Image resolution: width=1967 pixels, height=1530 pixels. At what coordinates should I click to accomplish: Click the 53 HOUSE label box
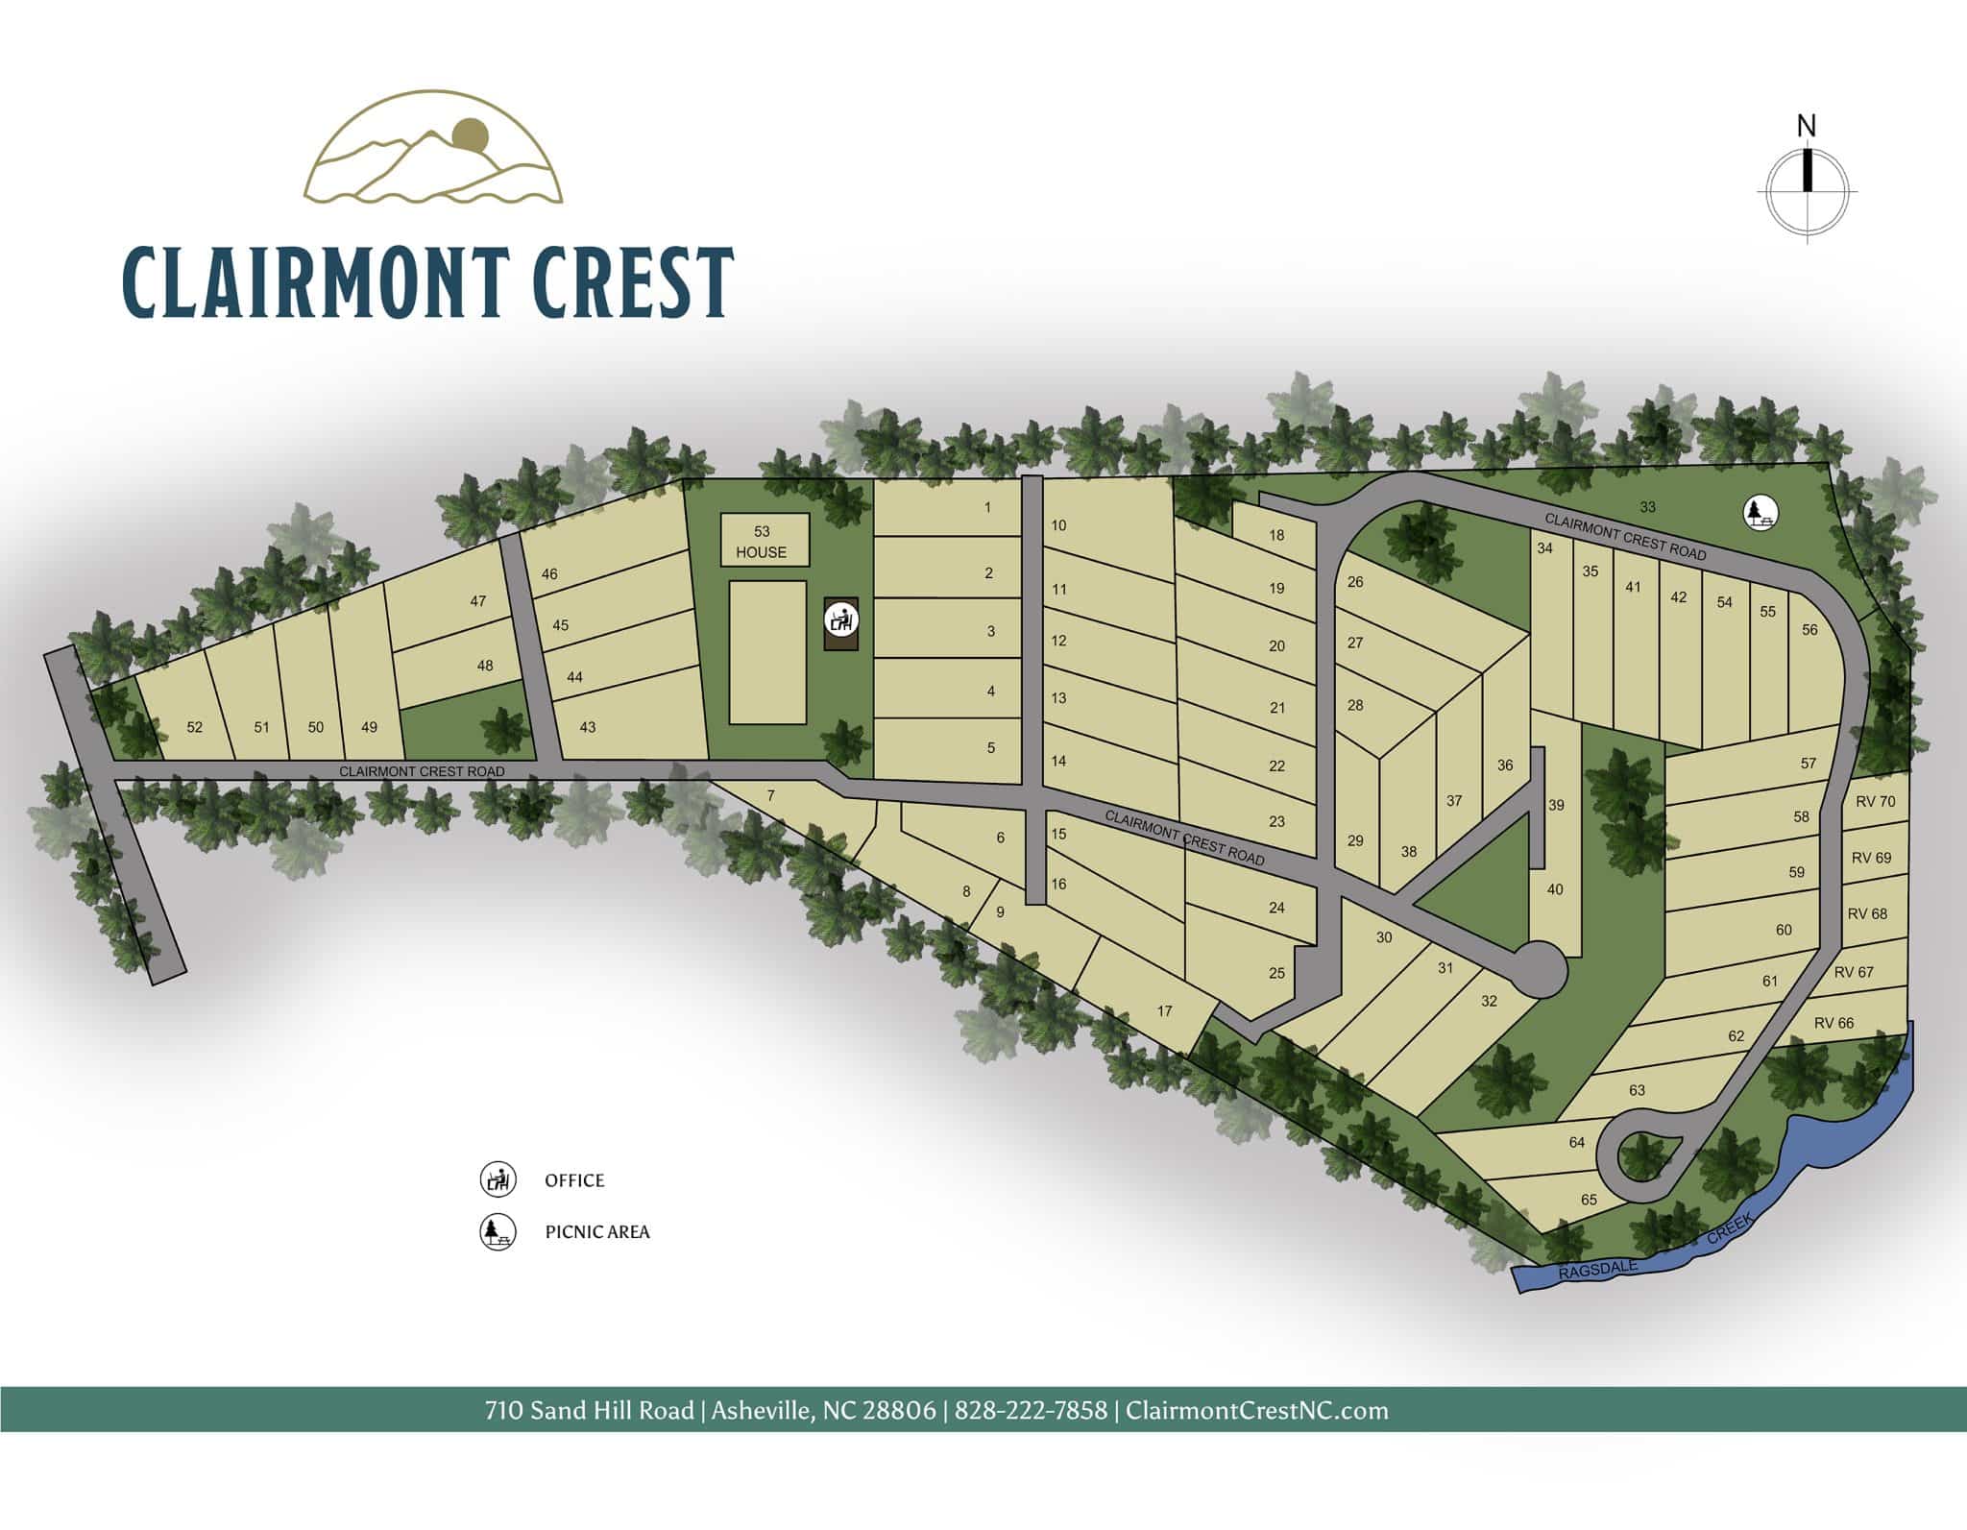click(765, 541)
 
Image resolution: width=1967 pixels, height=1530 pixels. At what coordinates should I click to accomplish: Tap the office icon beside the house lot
click(841, 619)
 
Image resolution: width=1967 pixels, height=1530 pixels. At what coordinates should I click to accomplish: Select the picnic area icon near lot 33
click(1760, 512)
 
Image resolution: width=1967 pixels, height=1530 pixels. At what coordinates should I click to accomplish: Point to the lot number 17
click(1165, 1010)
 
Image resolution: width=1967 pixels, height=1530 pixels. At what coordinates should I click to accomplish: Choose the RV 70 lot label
click(1875, 801)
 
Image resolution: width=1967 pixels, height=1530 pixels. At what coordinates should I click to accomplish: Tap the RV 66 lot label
click(1833, 1023)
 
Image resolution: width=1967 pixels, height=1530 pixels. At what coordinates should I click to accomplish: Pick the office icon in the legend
click(498, 1179)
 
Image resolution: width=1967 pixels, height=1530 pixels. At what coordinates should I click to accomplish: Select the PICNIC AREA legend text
click(597, 1232)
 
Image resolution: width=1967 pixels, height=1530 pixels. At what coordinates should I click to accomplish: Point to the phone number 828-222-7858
click(1031, 1411)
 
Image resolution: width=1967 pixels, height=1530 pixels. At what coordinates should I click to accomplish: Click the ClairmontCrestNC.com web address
click(1256, 1411)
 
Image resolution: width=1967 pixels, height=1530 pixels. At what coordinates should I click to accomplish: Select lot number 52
click(195, 727)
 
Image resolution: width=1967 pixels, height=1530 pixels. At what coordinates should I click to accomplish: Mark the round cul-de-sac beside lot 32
click(1540, 971)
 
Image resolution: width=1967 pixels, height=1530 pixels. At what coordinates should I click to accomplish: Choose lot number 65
click(1589, 1200)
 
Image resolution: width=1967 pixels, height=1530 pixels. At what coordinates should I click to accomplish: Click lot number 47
click(478, 601)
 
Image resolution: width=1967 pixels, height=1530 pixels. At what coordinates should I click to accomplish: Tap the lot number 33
click(1647, 507)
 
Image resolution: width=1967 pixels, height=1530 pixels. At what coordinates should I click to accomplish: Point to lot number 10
click(1058, 525)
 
